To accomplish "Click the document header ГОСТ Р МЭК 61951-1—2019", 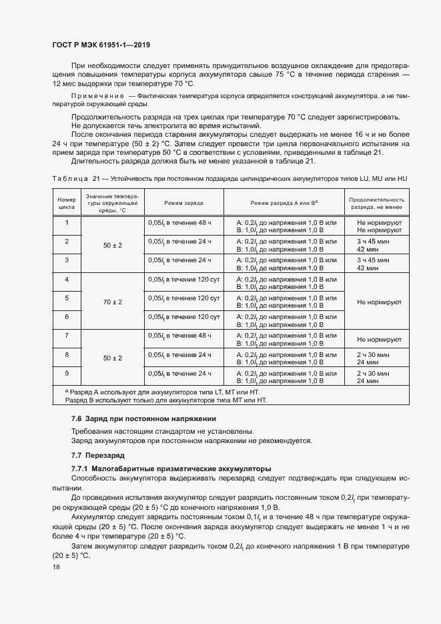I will pyautogui.click(x=101, y=45).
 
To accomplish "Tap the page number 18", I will pyautogui.click(x=55, y=567).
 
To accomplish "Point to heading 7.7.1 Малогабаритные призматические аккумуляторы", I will pyautogui.click(x=171, y=469).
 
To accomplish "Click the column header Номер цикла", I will pyautogui.click(x=67, y=203).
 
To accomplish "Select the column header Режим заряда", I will pyautogui.click(x=185, y=203).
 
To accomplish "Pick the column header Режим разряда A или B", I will pyautogui.click(x=284, y=203).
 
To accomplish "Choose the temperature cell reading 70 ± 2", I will pyautogui.click(x=112, y=302).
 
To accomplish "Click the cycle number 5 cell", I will pyautogui.click(x=67, y=298).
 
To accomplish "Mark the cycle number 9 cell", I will pyautogui.click(x=67, y=373).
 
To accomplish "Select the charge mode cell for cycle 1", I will pyautogui.click(x=185, y=222).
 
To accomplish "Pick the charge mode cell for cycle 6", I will pyautogui.click(x=185, y=316).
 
